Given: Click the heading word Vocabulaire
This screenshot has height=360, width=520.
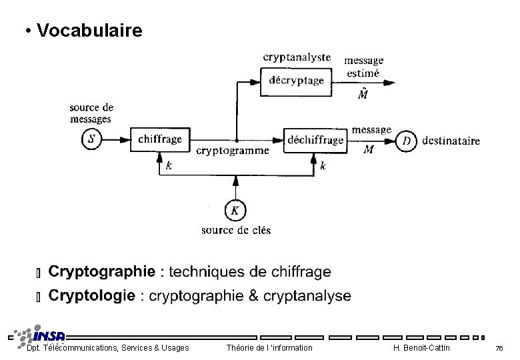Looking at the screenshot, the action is (90, 31).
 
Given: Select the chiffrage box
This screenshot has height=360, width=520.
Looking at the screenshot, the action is (159, 139).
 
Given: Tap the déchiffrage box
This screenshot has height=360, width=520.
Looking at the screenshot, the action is (315, 140).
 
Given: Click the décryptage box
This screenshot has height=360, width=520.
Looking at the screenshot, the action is (296, 81).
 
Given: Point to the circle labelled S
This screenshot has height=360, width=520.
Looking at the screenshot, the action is (92, 139).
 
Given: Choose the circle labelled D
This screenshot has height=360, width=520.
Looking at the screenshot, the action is (407, 141).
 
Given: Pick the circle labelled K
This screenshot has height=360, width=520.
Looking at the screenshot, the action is (235, 211).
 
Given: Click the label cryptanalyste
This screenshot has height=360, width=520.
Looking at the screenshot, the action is (297, 57).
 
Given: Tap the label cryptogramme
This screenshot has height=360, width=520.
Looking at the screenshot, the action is (233, 151).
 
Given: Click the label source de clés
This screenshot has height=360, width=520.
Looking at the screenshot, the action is (236, 231).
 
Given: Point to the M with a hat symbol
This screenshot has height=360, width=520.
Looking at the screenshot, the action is (363, 94).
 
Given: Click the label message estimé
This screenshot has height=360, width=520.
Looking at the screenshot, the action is (363, 67).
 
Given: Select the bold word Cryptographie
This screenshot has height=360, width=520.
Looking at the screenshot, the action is (102, 272).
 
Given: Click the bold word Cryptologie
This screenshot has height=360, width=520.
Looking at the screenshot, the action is (92, 295).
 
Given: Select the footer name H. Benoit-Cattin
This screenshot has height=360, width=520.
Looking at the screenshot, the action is (421, 348).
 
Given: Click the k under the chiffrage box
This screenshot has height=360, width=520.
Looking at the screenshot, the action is (168, 165).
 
